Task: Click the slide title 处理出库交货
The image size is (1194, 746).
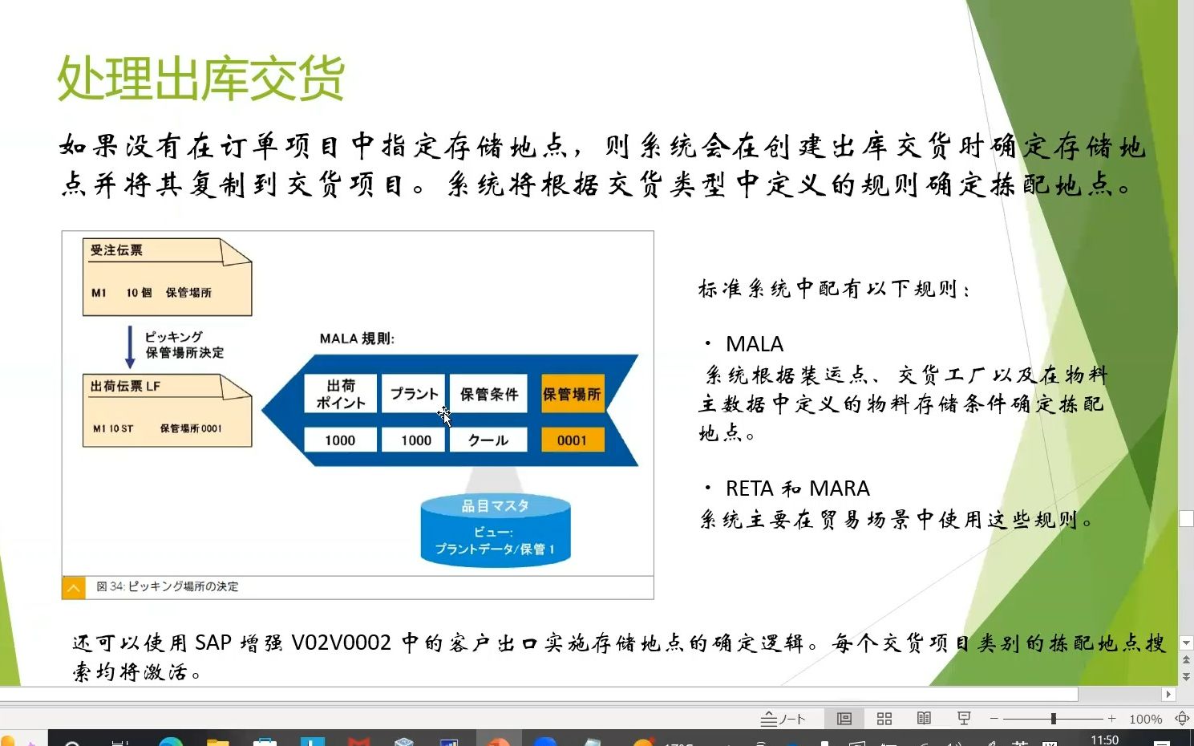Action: [x=200, y=79]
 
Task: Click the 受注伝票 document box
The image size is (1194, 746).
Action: [x=167, y=277]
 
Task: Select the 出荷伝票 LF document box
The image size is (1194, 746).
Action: [x=167, y=411]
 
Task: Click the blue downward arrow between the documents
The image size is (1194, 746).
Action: [x=130, y=346]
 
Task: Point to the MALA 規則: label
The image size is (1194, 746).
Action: [x=357, y=339]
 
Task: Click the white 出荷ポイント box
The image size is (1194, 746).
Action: [x=340, y=394]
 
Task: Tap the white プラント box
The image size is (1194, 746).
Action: [x=414, y=394]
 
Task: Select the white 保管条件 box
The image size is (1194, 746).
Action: [x=488, y=394]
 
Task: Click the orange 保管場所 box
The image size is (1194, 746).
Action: [x=572, y=394]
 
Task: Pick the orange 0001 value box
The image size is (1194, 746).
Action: [x=572, y=440]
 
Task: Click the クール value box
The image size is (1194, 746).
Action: [x=488, y=440]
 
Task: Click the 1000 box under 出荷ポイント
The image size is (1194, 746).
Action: [x=340, y=440]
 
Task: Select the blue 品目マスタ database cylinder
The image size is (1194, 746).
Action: [x=495, y=529]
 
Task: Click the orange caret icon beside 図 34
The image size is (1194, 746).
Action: [x=73, y=587]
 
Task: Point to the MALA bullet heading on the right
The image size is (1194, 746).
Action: [x=754, y=344]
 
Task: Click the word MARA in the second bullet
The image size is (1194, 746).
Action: [x=840, y=489]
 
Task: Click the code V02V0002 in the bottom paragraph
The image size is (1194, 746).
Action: [x=342, y=643]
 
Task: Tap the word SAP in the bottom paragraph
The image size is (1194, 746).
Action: [x=212, y=643]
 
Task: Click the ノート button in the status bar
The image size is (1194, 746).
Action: [x=783, y=719]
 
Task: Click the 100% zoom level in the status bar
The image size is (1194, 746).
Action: [x=1145, y=719]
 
